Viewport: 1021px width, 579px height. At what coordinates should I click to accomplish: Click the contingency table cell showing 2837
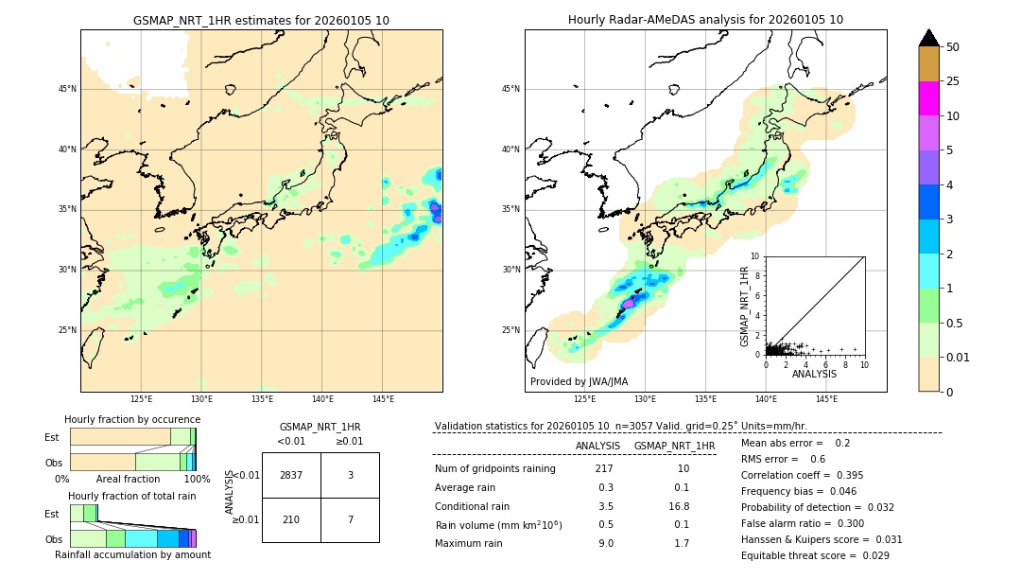click(291, 475)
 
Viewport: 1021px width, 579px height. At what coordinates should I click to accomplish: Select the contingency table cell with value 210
click(291, 519)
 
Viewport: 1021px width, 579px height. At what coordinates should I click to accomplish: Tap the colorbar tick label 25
click(953, 81)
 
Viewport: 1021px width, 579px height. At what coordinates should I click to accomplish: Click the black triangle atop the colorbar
click(929, 38)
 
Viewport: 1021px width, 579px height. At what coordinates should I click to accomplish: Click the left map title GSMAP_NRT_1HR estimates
click(261, 20)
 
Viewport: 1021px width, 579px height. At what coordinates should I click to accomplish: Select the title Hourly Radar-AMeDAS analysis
click(705, 20)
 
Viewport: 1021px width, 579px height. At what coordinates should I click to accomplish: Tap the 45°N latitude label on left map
click(67, 89)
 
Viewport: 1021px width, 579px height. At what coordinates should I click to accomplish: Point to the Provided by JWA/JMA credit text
click(579, 381)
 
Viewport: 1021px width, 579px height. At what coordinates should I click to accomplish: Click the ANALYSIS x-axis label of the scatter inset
click(814, 374)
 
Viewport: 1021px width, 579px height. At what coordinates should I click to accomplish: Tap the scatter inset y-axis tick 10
click(755, 256)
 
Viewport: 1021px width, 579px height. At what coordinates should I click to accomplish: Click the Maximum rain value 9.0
click(606, 543)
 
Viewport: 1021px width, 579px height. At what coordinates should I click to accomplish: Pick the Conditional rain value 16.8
click(681, 506)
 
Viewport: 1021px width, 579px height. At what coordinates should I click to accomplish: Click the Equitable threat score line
click(815, 555)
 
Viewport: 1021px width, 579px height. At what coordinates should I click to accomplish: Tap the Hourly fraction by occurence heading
click(132, 419)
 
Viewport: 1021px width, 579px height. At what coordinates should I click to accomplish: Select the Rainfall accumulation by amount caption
click(132, 554)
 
